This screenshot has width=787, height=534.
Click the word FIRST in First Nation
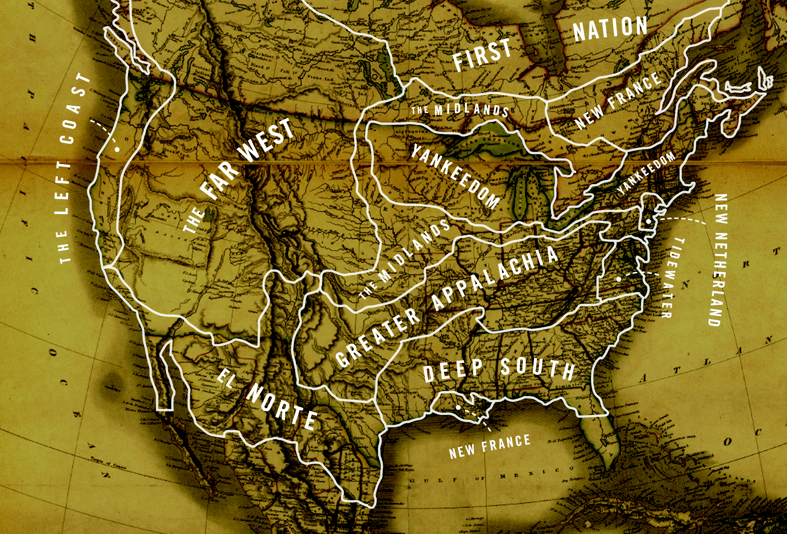pyautogui.click(x=482, y=55)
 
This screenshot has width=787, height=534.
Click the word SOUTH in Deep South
pyautogui.click(x=537, y=368)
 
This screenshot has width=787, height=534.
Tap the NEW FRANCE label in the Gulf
pyautogui.click(x=489, y=446)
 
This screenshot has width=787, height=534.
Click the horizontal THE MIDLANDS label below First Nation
pyautogui.click(x=460, y=109)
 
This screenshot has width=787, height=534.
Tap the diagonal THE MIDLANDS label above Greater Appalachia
pyautogui.click(x=404, y=259)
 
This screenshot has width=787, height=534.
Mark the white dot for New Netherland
pyautogui.click(x=649, y=221)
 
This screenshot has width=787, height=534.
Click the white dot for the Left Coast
pyautogui.click(x=116, y=149)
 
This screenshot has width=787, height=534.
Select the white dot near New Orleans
pyautogui.click(x=458, y=408)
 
